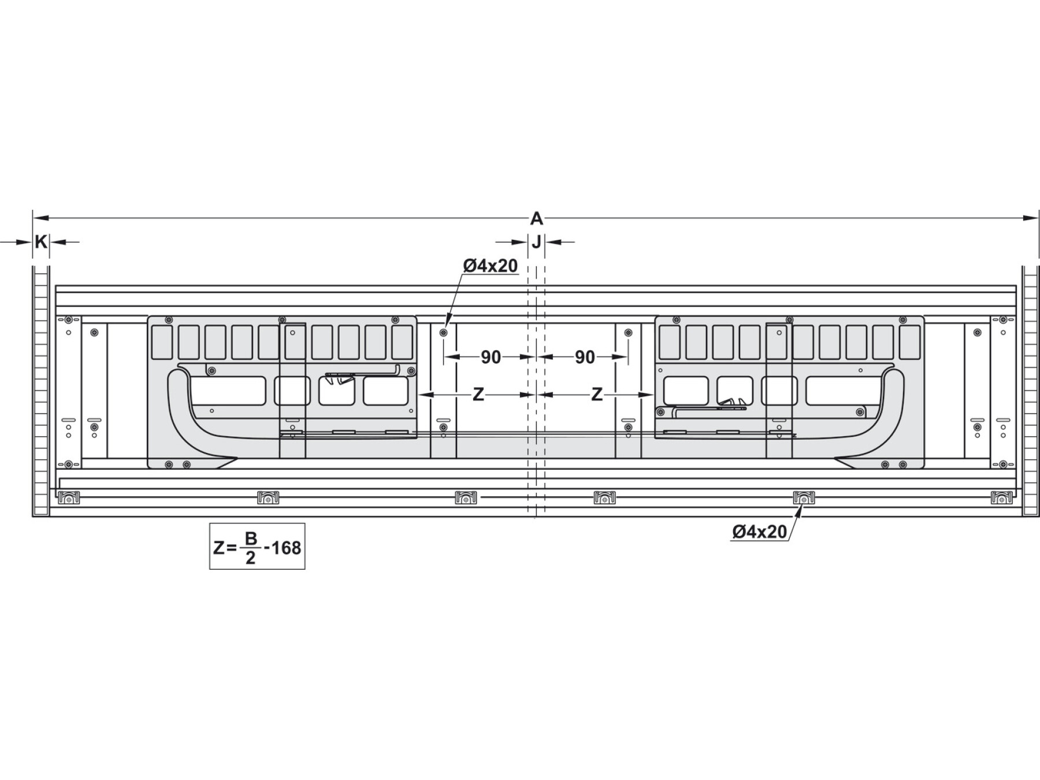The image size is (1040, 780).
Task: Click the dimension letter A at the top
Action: pos(537,219)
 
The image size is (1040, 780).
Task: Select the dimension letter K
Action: pos(40,242)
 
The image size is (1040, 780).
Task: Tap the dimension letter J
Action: pos(537,242)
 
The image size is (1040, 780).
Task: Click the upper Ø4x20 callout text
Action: pos(491,265)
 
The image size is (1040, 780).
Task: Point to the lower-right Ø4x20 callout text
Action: pos(759,532)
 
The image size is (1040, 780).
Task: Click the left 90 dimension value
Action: pos(491,358)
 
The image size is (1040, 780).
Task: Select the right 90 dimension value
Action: pos(585,358)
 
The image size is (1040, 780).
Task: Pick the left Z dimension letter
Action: pos(478,395)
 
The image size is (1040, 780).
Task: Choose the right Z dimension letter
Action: pos(597,395)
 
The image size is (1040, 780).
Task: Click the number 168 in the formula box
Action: pos(286,547)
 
